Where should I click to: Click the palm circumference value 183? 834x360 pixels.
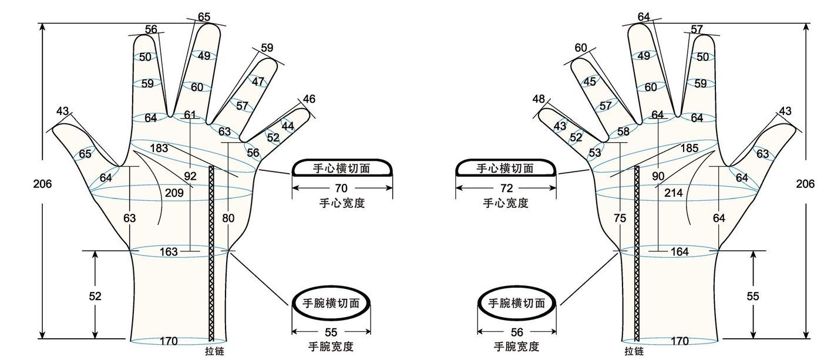point(159,148)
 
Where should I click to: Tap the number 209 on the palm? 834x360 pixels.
point(174,193)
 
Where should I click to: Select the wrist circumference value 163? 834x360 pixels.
point(169,252)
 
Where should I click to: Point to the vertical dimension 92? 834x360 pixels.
point(190,176)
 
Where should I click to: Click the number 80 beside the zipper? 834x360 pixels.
point(228,218)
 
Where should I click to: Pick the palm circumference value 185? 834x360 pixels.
point(689,148)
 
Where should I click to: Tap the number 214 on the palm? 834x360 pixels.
point(674,193)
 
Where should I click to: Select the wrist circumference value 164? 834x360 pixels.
point(680,252)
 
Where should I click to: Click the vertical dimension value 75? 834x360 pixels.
point(620,218)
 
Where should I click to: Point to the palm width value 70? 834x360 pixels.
point(341,188)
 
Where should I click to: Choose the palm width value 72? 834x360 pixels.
point(507,188)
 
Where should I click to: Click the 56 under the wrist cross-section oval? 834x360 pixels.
point(517,332)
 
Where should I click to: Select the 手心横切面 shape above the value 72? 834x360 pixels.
point(506,168)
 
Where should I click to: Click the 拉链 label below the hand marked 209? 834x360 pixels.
point(215,351)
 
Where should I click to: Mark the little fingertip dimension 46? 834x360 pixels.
point(309,99)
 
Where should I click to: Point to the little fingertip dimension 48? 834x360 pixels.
point(539,99)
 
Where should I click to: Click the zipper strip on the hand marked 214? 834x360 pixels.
point(637,254)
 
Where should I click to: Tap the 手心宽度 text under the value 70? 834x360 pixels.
point(342,203)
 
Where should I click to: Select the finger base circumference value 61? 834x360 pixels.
point(190,115)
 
